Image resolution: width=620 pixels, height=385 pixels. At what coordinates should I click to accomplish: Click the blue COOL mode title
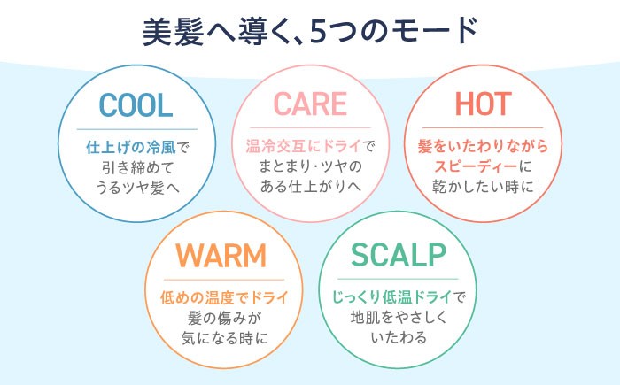[x=136, y=105]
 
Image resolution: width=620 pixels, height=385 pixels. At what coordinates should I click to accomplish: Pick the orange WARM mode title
[x=221, y=256]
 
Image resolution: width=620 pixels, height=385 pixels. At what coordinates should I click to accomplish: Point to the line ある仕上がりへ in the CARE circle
[x=309, y=186]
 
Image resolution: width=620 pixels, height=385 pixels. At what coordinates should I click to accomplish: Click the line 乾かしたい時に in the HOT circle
[x=483, y=186]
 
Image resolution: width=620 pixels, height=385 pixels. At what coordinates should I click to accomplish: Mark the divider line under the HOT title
[x=483, y=127]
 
